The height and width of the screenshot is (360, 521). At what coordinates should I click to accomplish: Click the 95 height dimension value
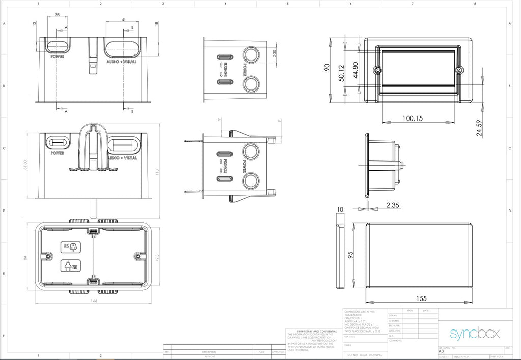pos(350,254)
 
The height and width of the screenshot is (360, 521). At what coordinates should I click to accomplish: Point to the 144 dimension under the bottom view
pos(94,301)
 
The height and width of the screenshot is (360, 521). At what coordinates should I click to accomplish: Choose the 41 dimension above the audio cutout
pos(124,19)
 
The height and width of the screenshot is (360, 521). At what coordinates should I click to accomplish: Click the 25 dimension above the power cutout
pos(57,15)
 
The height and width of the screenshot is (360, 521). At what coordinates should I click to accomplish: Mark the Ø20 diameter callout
pos(275,52)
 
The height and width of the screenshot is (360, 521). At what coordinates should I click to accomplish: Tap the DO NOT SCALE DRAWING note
pos(364,354)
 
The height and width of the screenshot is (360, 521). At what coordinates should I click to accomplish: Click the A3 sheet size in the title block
pos(441,351)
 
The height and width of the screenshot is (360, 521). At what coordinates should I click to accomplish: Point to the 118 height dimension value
pos(157,173)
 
